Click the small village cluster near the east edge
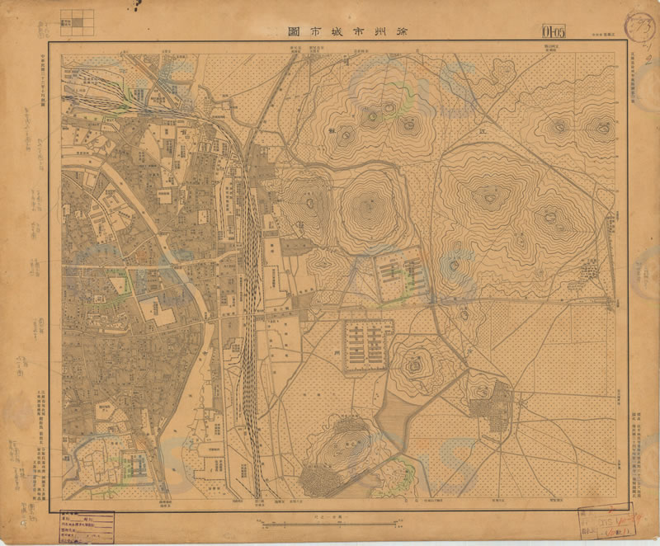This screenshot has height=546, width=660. pos(591,269)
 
